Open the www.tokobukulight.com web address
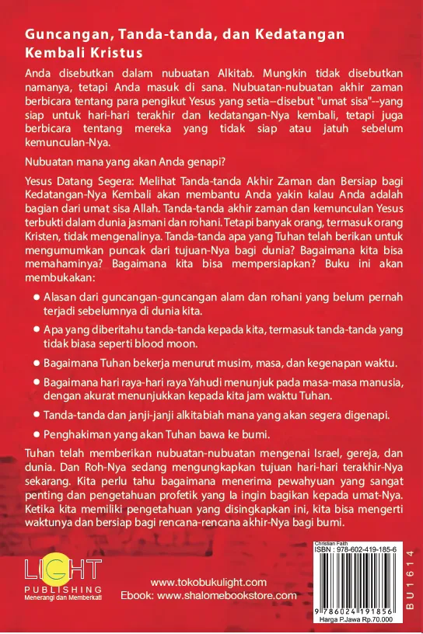(208, 583)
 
